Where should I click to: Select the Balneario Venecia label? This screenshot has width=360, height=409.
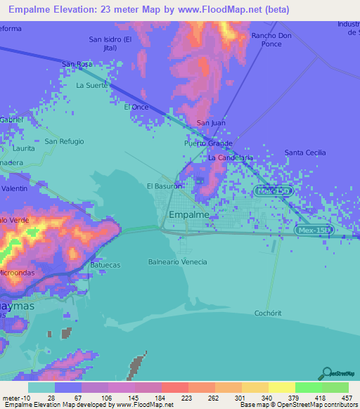point(177,261)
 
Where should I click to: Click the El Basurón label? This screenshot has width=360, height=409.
point(165,186)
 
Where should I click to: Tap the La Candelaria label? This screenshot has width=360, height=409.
point(230,158)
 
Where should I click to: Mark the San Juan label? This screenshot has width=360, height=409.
point(211,123)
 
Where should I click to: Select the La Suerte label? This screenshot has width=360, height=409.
point(92,85)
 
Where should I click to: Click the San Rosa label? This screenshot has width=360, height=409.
point(77,64)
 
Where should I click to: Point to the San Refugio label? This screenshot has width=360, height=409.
point(64,141)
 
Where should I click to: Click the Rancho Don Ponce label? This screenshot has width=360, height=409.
point(271,39)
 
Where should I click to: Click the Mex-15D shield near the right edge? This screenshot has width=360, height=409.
point(313,230)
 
